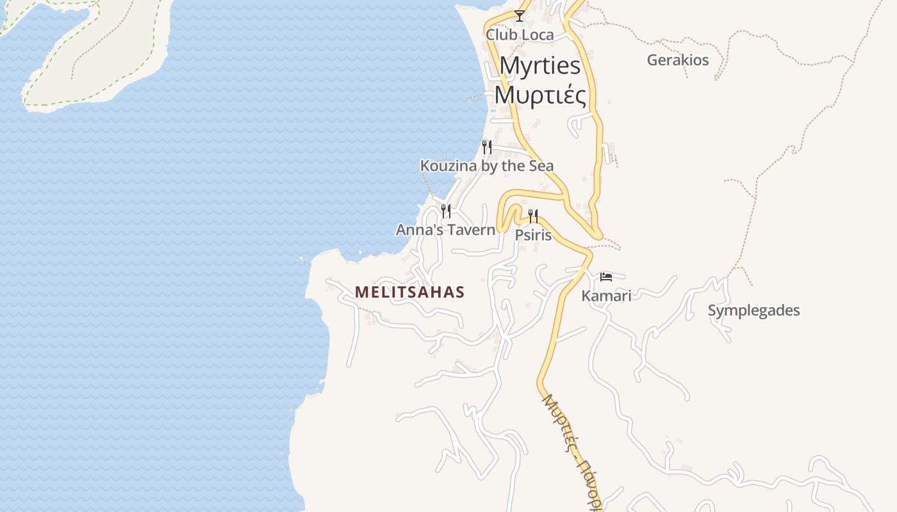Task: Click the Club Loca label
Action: (x=519, y=35)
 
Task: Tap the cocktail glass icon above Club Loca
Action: (x=520, y=15)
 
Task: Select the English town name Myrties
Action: (x=540, y=65)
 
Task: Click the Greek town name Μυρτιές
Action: (x=540, y=95)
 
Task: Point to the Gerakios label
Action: (x=677, y=60)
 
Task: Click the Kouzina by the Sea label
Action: (x=486, y=166)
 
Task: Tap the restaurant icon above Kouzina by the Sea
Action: (x=487, y=147)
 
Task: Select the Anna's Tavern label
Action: (x=445, y=230)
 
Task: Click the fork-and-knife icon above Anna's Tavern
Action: (x=446, y=211)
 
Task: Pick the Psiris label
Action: (x=533, y=235)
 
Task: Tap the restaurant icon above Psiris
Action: (x=533, y=216)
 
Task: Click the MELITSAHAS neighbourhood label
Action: (x=409, y=292)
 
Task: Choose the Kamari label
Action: (x=606, y=296)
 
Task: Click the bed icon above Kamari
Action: (x=606, y=277)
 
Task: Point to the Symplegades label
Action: (x=753, y=311)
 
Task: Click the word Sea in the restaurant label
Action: (x=540, y=166)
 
